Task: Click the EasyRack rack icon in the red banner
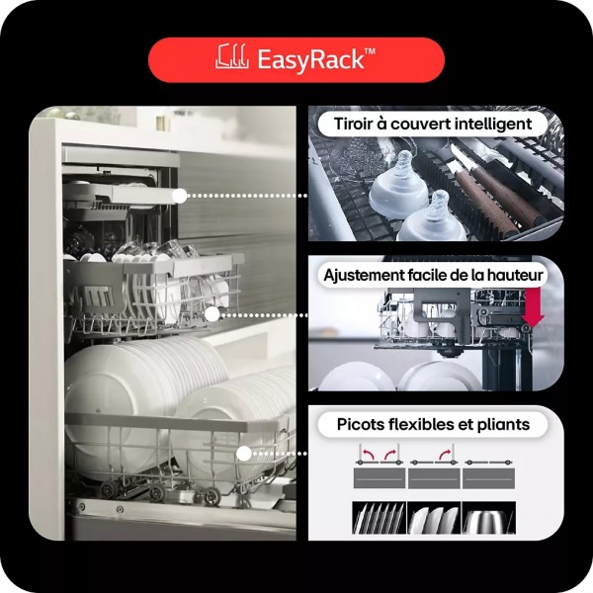pos(231,56)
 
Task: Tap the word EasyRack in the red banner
pos(310,59)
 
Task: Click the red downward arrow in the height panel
pos(534,307)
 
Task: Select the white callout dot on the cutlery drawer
pos(180,196)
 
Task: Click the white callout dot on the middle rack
pos(212,314)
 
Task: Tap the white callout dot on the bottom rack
pos(244,454)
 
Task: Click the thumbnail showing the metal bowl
pos(488,517)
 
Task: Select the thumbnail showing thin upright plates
pos(379,517)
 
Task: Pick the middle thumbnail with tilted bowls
pos(434,517)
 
